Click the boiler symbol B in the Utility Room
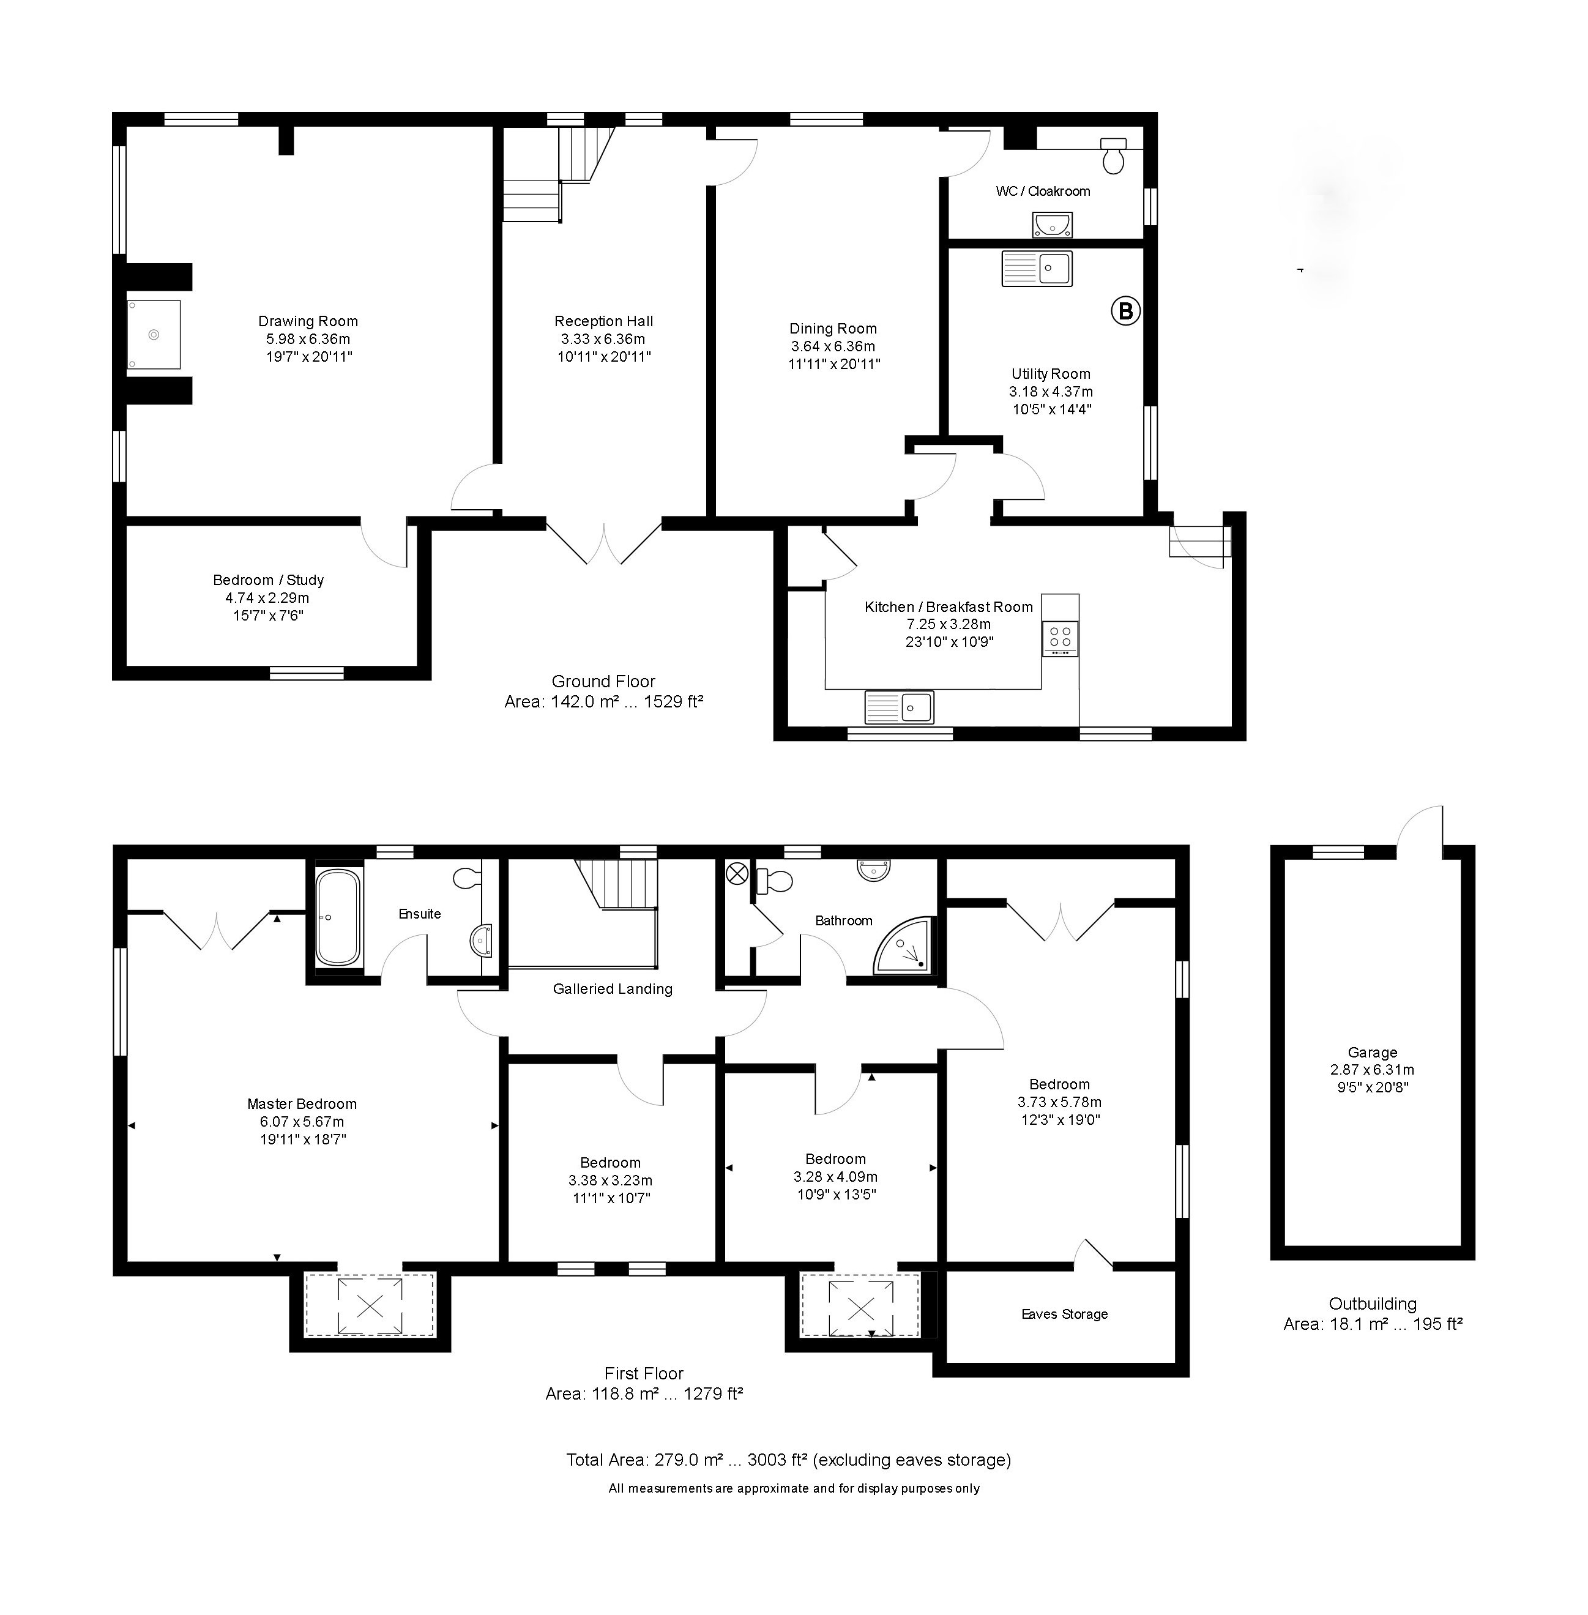click(1125, 311)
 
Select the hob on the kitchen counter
click(1060, 638)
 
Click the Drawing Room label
click(308, 321)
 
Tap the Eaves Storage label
click(1064, 1314)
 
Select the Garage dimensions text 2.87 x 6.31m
click(1372, 1070)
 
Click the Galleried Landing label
click(612, 988)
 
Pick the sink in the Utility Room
click(1037, 269)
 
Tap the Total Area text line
click(788, 1459)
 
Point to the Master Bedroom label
click(302, 1103)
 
